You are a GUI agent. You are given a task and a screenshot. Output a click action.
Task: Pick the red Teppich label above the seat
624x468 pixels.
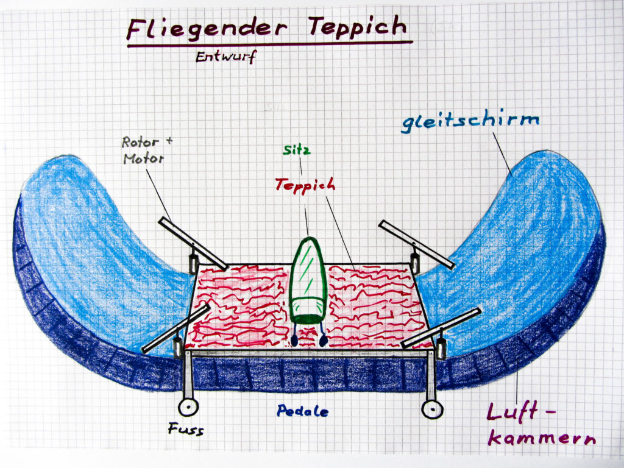[x=305, y=184]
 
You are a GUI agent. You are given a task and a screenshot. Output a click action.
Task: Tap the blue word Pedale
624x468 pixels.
[x=302, y=411]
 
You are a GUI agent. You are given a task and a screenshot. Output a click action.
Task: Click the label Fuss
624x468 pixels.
[x=185, y=430]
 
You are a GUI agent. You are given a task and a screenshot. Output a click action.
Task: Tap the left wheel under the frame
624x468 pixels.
[x=186, y=407]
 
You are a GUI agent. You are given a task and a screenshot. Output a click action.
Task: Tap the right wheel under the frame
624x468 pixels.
[x=432, y=409]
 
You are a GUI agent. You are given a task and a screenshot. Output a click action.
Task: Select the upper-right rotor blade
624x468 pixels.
[x=417, y=244]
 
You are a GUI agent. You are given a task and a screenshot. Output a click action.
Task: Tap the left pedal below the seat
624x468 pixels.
[x=294, y=339]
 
